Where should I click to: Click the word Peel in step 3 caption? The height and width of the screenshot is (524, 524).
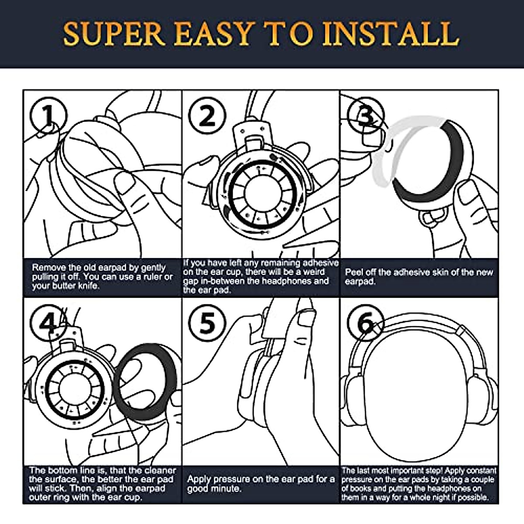(354, 272)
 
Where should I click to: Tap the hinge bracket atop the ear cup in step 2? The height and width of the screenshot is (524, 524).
(253, 135)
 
